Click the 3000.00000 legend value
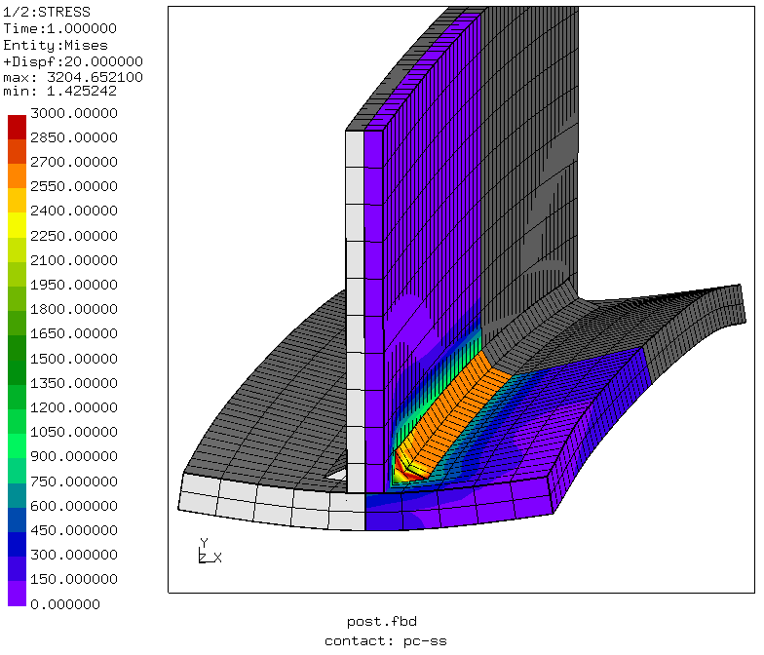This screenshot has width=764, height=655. (x=74, y=113)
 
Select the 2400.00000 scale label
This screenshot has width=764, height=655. (x=74, y=211)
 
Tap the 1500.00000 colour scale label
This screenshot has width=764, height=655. (x=74, y=359)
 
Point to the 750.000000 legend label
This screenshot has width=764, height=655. (x=74, y=482)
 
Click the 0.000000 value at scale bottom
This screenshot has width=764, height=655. (x=64, y=604)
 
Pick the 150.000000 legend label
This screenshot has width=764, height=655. (x=74, y=579)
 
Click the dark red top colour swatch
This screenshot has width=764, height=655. (x=18, y=127)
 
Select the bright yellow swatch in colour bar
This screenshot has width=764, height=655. (x=18, y=225)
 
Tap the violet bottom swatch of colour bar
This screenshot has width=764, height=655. (x=18, y=593)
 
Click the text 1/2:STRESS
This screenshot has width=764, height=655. (x=47, y=12)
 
